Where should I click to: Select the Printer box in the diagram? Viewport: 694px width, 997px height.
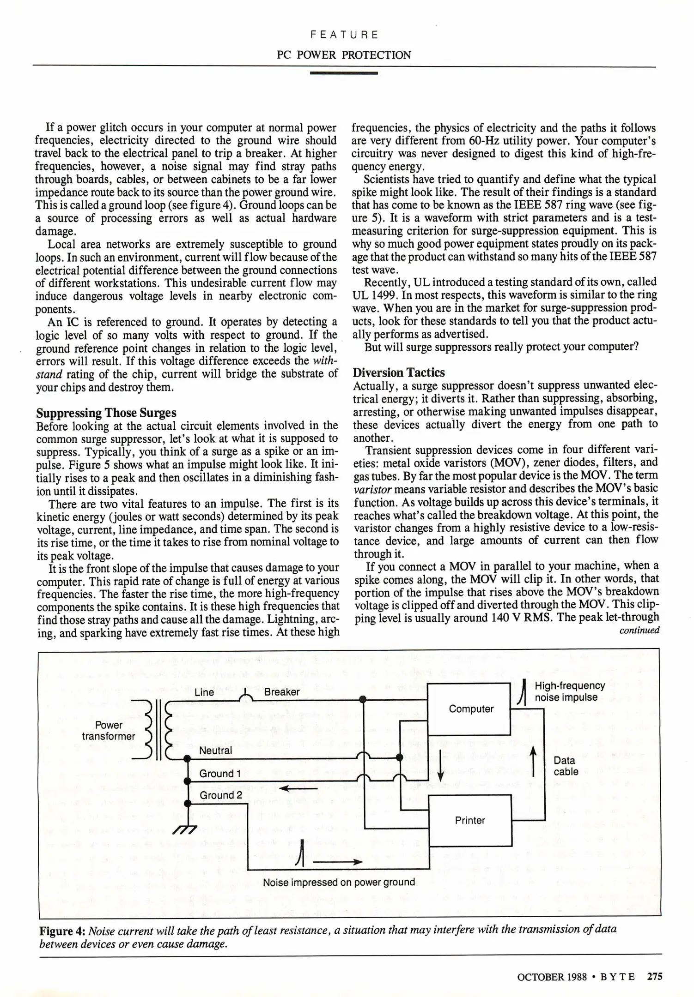[470, 820]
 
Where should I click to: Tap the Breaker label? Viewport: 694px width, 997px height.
[281, 692]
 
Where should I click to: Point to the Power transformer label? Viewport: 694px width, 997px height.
[109, 731]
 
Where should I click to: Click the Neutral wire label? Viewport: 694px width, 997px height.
[215, 751]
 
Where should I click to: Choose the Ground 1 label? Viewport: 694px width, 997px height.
[220, 774]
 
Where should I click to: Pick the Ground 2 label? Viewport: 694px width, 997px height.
[220, 795]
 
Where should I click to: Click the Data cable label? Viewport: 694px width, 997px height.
[566, 766]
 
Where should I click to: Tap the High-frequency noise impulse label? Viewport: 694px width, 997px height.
[569, 691]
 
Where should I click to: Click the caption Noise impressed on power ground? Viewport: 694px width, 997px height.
[339, 882]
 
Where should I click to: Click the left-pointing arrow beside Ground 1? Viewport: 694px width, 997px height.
[298, 788]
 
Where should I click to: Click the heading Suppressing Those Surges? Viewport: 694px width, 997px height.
[106, 413]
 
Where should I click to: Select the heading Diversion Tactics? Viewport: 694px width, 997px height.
[398, 372]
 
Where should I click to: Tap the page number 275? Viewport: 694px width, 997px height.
[654, 976]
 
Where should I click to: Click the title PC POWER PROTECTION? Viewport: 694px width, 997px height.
[344, 55]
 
